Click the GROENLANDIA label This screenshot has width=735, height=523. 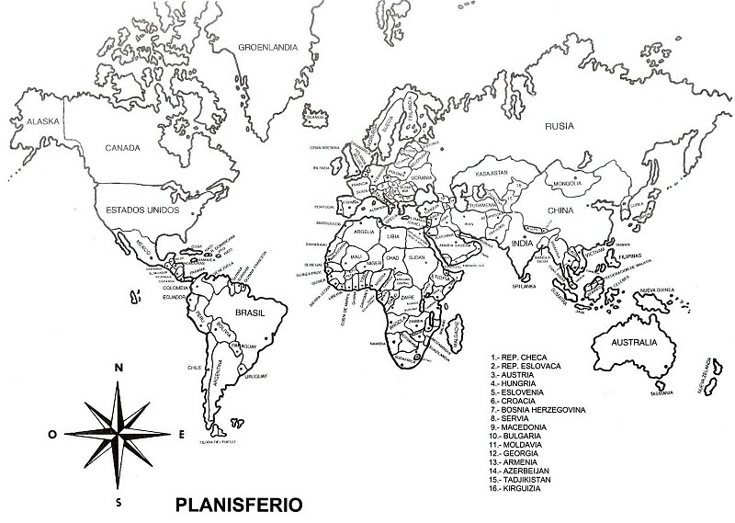click(x=266, y=46)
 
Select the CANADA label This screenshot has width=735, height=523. click(x=121, y=147)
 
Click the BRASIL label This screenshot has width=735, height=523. click(x=251, y=313)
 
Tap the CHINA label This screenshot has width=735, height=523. click(x=560, y=210)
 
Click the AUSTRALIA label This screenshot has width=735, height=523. click(x=626, y=342)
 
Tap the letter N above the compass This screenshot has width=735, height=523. click(x=118, y=368)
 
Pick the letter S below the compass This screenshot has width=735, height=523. click(x=118, y=503)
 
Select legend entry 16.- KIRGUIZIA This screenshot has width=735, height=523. click(x=520, y=488)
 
